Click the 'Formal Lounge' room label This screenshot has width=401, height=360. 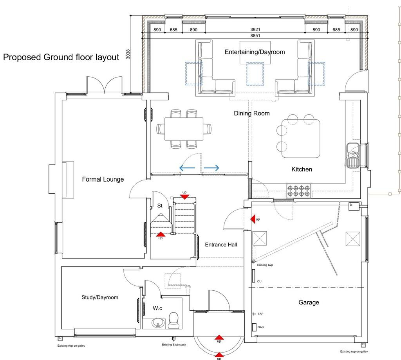(103, 180)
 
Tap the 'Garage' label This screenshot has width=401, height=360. (309, 302)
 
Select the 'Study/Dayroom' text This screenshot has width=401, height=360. (100, 297)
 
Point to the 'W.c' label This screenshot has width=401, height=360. (158, 308)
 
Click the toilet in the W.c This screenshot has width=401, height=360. (173, 320)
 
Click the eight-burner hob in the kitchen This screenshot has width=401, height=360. (298, 191)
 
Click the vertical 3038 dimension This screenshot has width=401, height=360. (128, 54)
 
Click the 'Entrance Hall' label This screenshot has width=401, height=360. (221, 245)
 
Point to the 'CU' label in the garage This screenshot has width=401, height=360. (259, 281)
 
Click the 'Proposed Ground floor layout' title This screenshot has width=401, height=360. (61, 57)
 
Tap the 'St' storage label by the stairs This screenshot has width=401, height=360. (160, 205)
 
